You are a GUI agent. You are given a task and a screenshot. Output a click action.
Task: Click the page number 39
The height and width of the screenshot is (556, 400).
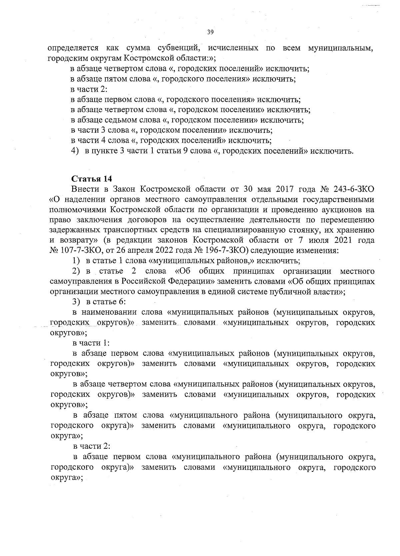[x=210, y=32]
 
